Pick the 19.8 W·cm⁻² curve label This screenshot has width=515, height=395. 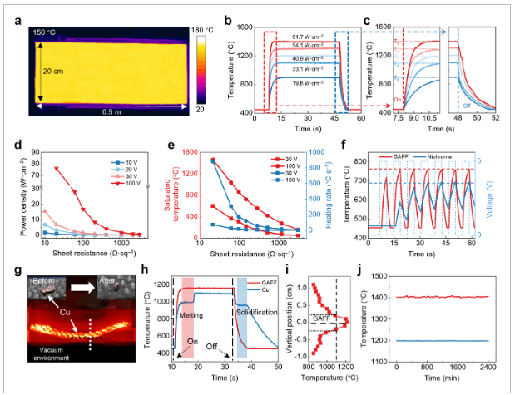pyautogui.click(x=308, y=83)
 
